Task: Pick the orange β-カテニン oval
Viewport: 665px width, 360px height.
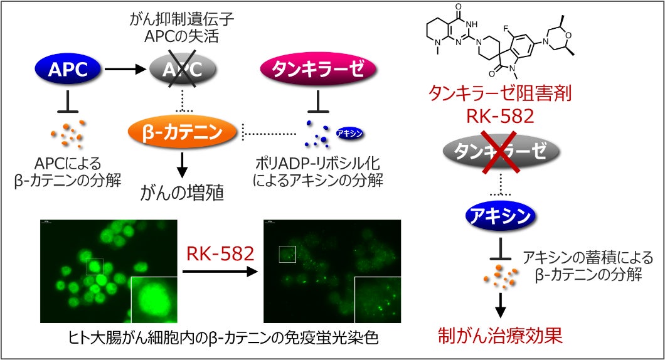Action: click(183, 132)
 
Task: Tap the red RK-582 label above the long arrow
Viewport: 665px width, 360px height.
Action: click(220, 254)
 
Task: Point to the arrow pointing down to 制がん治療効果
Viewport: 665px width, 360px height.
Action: click(501, 304)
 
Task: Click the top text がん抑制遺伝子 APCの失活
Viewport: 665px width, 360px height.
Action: click(183, 28)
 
